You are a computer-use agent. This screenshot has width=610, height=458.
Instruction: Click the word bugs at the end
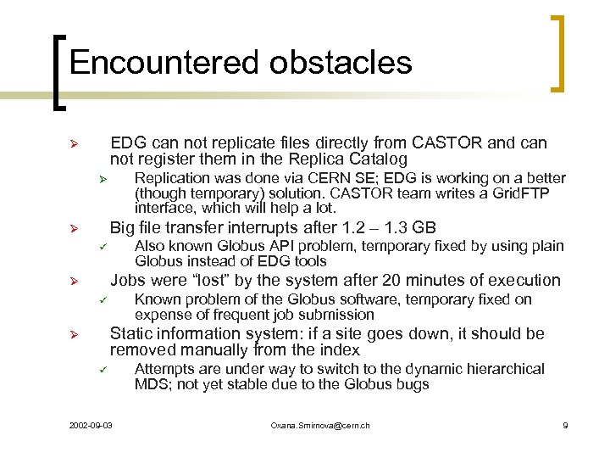413,384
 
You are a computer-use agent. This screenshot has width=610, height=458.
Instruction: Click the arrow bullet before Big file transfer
74,228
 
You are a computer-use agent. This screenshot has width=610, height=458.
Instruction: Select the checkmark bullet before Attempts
99,370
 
